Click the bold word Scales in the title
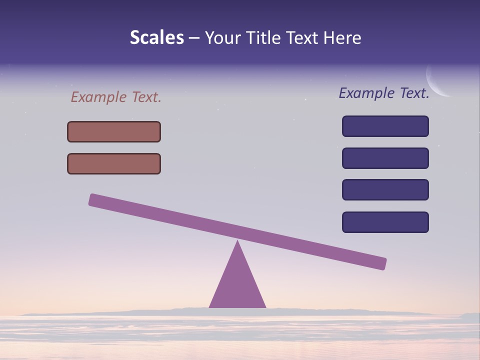(157, 37)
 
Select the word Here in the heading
(342, 37)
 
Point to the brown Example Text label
(116, 97)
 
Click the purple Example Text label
(384, 93)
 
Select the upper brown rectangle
(114, 131)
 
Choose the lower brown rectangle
(114, 163)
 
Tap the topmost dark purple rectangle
(385, 126)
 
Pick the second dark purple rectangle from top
(385, 158)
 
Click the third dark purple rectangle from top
(385, 190)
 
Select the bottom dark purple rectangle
(385, 222)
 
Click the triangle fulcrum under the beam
(237, 285)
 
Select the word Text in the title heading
(305, 37)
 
